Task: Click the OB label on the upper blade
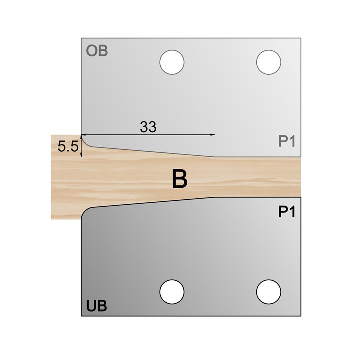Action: [97, 51]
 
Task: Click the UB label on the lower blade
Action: [97, 305]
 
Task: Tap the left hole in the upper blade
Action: [172, 62]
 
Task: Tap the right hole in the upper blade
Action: [268, 62]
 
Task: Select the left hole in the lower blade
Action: [172, 290]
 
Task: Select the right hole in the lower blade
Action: [268, 290]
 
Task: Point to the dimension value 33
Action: [148, 127]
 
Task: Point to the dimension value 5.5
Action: [67, 147]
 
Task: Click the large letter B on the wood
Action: [179, 179]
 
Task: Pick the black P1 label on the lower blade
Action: [287, 212]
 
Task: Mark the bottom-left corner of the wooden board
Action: [51, 219]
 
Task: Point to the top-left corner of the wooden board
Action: [51, 135]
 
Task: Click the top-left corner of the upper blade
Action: [81, 37]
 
